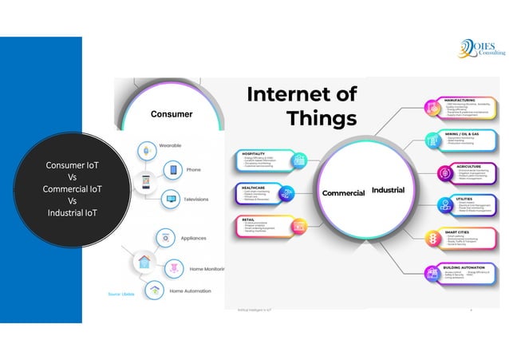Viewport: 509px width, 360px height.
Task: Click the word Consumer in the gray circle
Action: point(172,114)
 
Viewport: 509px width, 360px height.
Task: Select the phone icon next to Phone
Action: point(173,170)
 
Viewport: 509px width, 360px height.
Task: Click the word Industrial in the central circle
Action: point(388,191)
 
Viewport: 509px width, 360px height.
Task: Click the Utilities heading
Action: point(454,200)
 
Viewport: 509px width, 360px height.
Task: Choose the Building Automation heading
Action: point(465,266)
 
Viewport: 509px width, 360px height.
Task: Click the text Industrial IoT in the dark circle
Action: point(72,213)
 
